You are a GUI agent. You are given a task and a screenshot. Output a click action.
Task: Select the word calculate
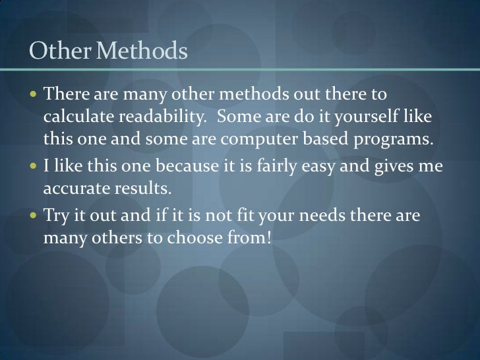78,117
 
